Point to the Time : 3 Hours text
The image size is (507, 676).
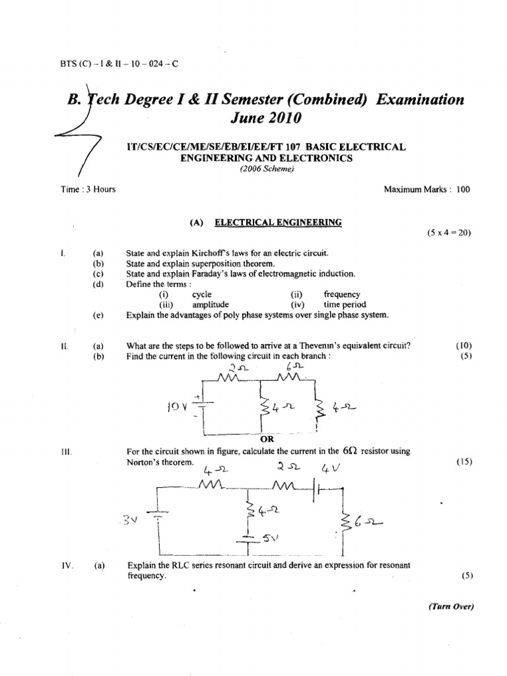(88, 189)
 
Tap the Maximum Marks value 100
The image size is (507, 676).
(463, 189)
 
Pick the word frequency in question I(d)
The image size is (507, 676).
(342, 294)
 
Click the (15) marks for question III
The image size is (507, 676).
(465, 462)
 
